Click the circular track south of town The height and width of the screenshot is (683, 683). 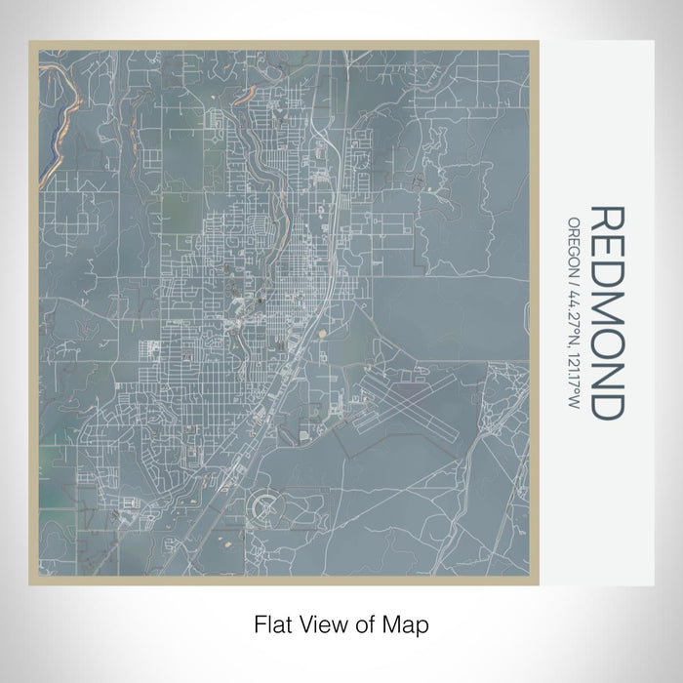click(268, 507)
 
